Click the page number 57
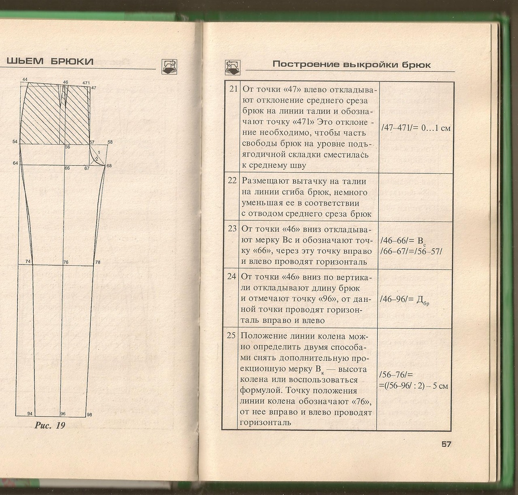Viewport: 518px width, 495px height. (446, 444)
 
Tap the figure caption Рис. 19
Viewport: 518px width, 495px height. (50, 425)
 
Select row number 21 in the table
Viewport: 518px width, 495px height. (233, 89)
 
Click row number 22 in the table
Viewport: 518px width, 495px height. (232, 181)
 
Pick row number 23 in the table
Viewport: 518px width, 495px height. (232, 228)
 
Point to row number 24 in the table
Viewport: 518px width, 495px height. (231, 277)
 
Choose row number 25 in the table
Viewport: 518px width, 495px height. (231, 335)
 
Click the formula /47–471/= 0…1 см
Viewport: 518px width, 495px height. (416, 128)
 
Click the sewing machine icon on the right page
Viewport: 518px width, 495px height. (232, 67)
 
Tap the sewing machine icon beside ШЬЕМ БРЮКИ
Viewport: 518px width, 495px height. (169, 65)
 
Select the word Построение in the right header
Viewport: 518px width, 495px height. (306, 64)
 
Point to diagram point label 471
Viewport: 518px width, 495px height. (86, 83)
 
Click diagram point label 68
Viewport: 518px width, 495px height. (109, 166)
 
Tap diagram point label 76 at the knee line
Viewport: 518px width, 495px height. (66, 262)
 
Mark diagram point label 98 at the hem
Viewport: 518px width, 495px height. (89, 414)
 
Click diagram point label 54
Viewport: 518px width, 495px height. (15, 141)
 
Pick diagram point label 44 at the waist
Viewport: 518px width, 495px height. (25, 79)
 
